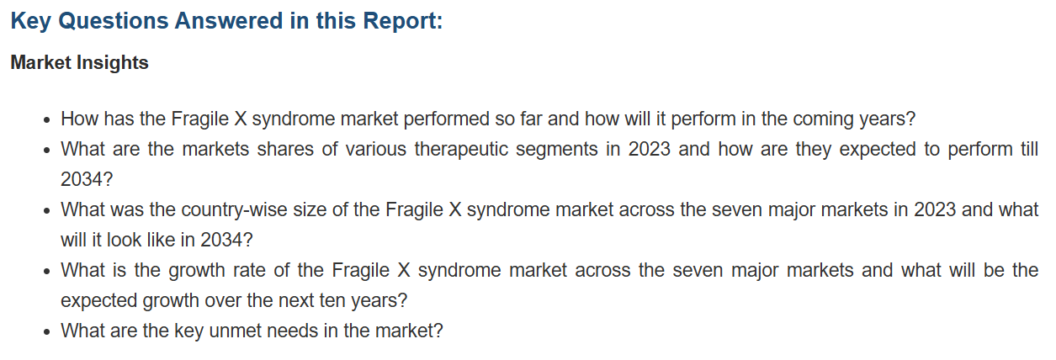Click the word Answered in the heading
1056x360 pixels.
(x=229, y=21)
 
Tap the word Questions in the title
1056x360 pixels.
(x=113, y=22)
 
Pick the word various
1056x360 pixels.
(x=376, y=150)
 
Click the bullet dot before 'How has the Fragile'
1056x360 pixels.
(x=46, y=120)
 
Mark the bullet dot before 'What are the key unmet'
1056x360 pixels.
(x=46, y=331)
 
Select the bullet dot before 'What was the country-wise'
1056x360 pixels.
(x=46, y=210)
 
